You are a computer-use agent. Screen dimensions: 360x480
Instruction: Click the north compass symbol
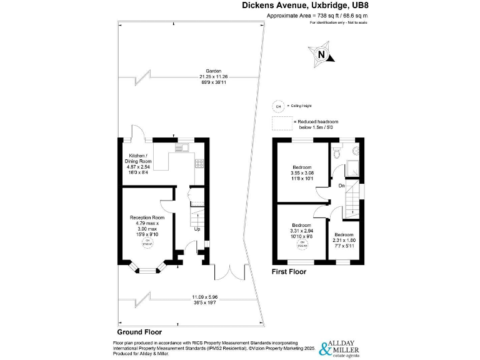coord(321,54)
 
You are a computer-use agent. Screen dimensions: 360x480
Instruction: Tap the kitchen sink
coord(181,147)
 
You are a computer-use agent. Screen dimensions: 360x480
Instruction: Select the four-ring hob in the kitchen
coord(199,164)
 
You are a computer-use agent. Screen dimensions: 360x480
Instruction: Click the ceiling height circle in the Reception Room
coord(148,242)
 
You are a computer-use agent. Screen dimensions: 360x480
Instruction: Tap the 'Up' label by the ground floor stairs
coord(197,228)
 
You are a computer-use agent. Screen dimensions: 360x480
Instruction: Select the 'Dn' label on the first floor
coord(341,186)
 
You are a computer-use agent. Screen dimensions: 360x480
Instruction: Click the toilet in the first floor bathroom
coord(337,151)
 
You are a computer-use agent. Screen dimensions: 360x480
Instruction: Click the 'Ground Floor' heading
coord(139,332)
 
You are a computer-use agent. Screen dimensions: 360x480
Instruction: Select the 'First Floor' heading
coord(289,272)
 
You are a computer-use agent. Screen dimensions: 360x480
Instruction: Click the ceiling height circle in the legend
coord(278,106)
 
